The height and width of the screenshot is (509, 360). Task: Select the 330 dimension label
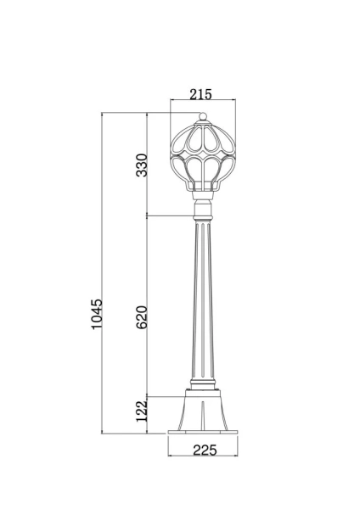point(142,163)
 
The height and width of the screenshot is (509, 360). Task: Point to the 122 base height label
point(142,412)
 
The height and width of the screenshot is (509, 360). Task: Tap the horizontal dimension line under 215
point(201,103)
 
